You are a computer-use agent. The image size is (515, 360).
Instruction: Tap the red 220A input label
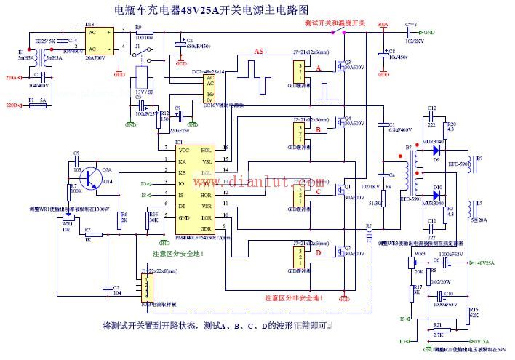10,76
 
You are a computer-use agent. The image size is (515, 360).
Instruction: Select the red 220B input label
10,105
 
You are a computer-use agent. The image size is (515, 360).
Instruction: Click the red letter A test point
317,68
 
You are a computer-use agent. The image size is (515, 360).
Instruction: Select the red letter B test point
317,131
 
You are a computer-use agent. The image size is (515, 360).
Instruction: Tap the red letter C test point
317,193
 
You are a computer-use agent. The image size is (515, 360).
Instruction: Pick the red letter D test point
317,252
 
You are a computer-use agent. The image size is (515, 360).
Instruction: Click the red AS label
259,50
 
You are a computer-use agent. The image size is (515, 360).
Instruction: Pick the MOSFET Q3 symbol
339,70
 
